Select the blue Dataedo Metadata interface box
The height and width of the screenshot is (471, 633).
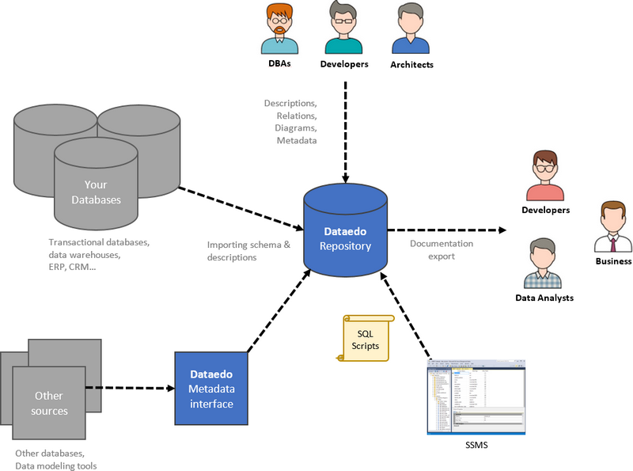211,388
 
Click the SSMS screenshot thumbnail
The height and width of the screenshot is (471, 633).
476,396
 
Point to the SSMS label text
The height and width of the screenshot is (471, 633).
476,446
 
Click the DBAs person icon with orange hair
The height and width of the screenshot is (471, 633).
281,28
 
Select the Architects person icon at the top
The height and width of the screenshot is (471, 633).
411,29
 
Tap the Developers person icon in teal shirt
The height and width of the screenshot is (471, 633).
343,29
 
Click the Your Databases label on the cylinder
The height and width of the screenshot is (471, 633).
96,192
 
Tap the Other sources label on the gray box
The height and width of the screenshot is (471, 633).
49,403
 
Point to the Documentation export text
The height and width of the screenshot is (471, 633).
442,249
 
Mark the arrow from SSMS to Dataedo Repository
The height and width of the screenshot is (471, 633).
407,316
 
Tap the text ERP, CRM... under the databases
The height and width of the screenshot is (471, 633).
72,267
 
